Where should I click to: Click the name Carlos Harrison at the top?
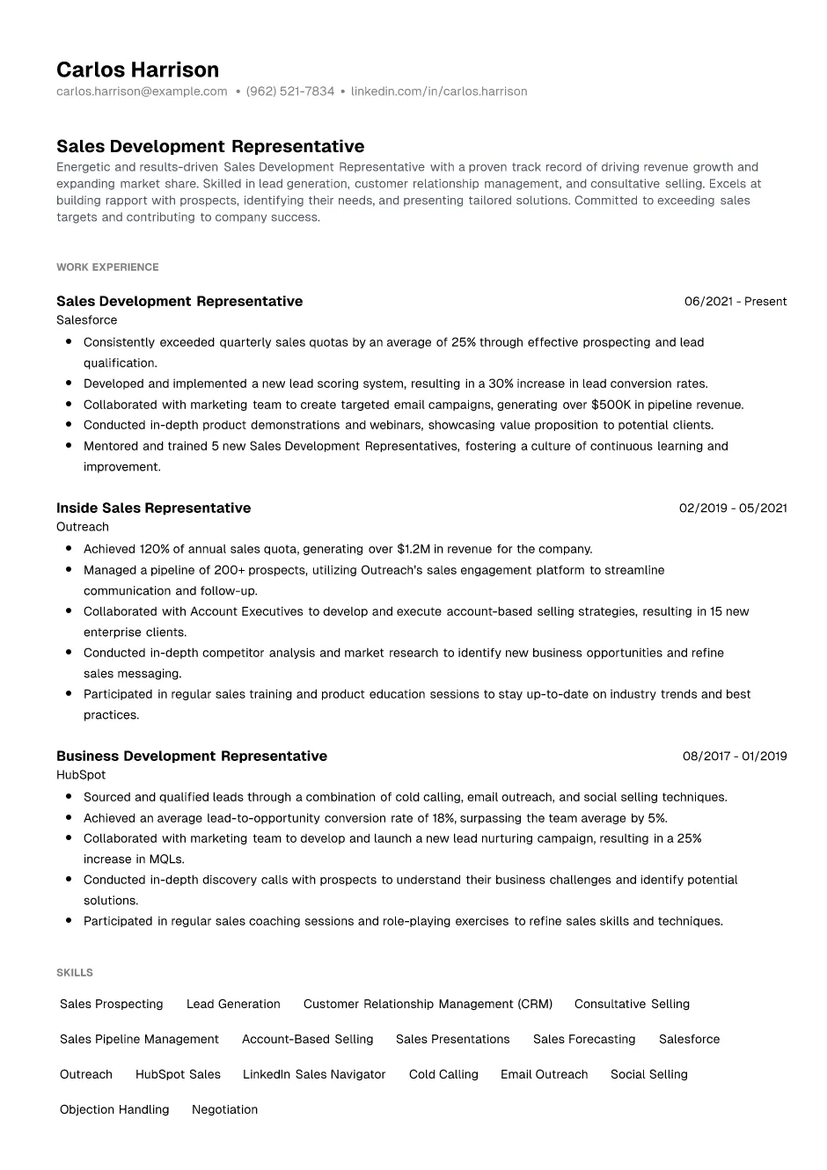(x=137, y=69)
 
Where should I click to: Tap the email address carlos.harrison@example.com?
(x=142, y=91)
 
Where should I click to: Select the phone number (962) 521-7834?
(x=290, y=91)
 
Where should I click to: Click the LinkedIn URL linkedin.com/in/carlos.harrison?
(x=439, y=91)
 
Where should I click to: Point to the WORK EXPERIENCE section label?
(x=107, y=267)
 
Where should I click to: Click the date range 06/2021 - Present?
(x=735, y=302)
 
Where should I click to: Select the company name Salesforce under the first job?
(x=86, y=320)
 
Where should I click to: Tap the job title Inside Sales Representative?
(x=153, y=508)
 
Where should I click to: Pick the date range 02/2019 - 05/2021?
(x=732, y=508)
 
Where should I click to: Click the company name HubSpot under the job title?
(x=80, y=775)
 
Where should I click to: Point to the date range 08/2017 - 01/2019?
(x=734, y=757)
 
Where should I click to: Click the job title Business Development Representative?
(x=191, y=757)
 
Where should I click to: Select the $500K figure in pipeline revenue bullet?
(x=611, y=405)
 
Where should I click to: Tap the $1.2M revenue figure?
(x=413, y=549)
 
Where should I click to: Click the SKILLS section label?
(x=74, y=973)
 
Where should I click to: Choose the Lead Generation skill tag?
(x=233, y=1005)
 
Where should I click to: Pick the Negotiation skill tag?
(x=224, y=1110)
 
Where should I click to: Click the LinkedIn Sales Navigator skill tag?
(x=314, y=1075)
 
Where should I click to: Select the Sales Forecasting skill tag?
(x=583, y=1040)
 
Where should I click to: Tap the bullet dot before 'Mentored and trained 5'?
(x=69, y=446)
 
